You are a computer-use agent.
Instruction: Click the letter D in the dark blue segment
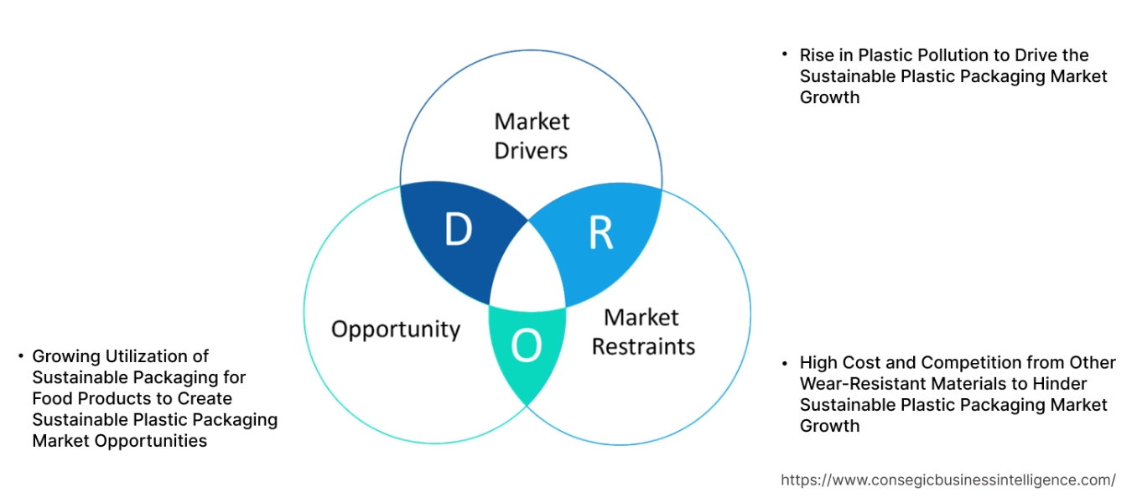[x=458, y=231]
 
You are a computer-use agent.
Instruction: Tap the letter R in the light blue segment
[x=600, y=234]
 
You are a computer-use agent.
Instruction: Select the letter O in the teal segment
[x=526, y=345]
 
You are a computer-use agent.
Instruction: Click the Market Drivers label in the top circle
[x=531, y=136]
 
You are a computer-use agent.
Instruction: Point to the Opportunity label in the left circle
[x=396, y=329]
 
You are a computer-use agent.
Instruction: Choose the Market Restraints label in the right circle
[x=642, y=332]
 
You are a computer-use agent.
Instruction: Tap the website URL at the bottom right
[x=947, y=480]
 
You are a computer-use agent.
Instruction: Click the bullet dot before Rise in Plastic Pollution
[x=785, y=54]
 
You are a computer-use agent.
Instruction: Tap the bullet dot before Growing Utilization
[x=19, y=356]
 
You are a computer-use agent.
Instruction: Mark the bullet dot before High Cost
[x=785, y=363]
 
